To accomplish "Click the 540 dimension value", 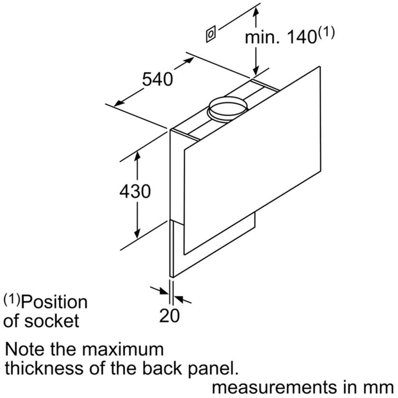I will click(158, 79).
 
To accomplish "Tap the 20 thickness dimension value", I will click(169, 315).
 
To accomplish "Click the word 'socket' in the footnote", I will click(52, 321).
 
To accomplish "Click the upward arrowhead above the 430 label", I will click(137, 157).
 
